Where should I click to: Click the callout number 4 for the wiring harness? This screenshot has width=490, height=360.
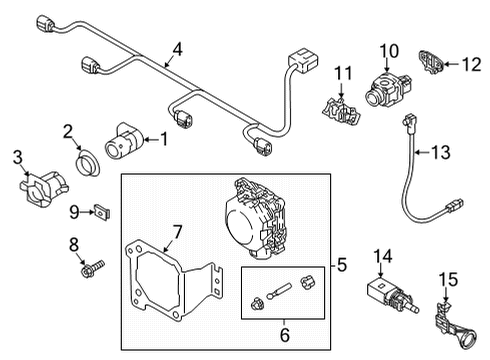pyautogui.click(x=178, y=50)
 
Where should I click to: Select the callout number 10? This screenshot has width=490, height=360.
pyautogui.click(x=389, y=51)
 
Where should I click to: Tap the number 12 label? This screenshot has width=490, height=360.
pyautogui.click(x=472, y=64)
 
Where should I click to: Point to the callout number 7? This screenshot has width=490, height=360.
pyautogui.click(x=177, y=232)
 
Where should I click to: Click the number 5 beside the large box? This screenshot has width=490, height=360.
pyautogui.click(x=342, y=265)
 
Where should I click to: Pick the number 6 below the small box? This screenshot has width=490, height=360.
pyautogui.click(x=285, y=335)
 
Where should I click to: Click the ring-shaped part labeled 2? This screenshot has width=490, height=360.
pyautogui.click(x=88, y=163)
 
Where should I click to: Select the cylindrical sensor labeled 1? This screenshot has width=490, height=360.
pyautogui.click(x=123, y=141)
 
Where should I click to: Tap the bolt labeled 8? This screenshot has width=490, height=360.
pyautogui.click(x=92, y=268)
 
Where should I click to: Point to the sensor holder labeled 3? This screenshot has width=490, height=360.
pyautogui.click(x=43, y=189)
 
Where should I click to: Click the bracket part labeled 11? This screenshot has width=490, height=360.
pyautogui.click(x=341, y=111)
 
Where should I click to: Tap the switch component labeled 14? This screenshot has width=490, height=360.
pyautogui.click(x=391, y=295)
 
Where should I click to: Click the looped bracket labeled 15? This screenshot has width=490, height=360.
pyautogui.click(x=455, y=325)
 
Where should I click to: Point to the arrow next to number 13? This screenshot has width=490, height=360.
pyautogui.click(x=423, y=152)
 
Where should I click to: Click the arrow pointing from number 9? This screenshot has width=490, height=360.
pyautogui.click(x=88, y=212)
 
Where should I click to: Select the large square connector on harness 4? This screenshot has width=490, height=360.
pyautogui.click(x=302, y=61)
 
